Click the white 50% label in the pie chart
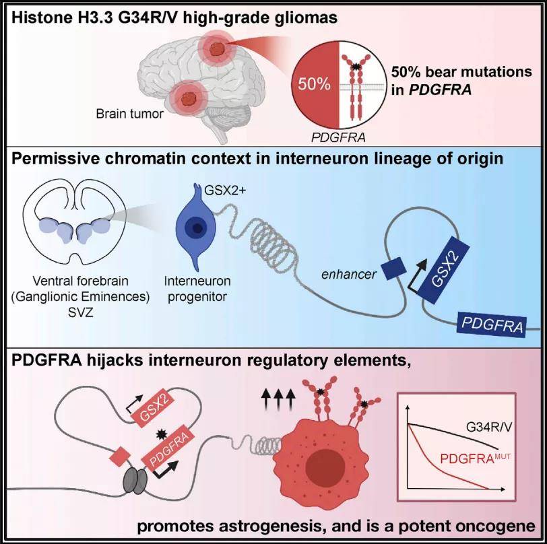pos(314,84)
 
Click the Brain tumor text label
pos(130,114)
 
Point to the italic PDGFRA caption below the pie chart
pos(338,138)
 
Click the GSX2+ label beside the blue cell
pos(225,191)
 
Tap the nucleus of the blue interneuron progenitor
pos(196,228)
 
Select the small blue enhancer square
pos(393,269)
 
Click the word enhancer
pos(348,275)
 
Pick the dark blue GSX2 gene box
pos(443,269)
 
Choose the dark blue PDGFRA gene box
pos(492,325)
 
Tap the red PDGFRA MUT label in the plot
pos(476,458)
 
